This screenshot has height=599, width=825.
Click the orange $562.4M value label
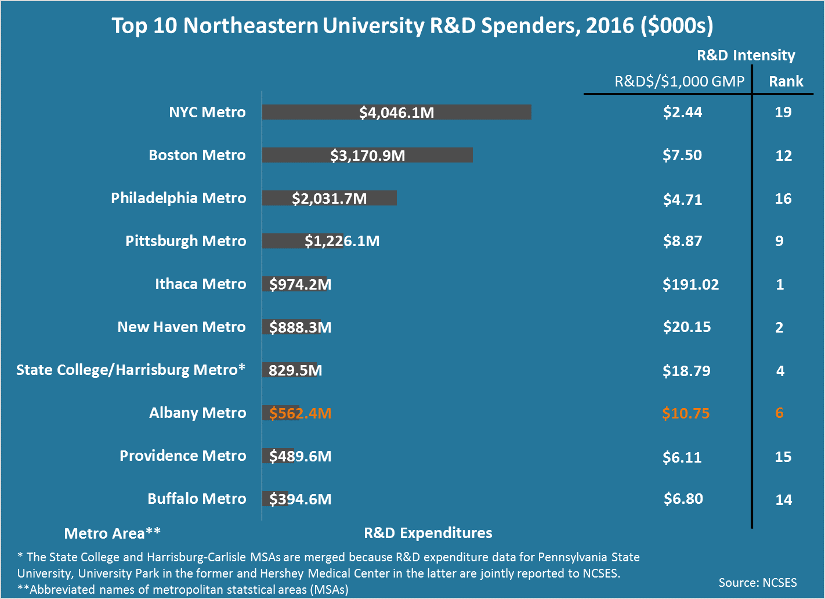[x=300, y=413]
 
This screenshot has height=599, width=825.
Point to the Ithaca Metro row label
[x=200, y=284]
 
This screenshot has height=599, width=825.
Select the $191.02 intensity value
[x=690, y=284]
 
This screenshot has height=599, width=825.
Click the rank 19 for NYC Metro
[x=783, y=112]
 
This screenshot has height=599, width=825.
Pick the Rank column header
[x=786, y=81]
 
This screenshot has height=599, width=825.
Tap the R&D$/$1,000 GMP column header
[x=679, y=81]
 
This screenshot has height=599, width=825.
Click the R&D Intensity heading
[x=746, y=55]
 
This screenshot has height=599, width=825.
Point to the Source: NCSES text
[x=757, y=583]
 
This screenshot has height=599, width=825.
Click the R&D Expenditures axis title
[x=428, y=533]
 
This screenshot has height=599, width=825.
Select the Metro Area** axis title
[x=112, y=533]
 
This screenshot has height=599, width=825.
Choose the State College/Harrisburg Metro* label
[x=131, y=370]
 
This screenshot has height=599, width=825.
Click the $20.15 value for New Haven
[x=686, y=327]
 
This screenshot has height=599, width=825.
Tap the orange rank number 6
[x=779, y=413]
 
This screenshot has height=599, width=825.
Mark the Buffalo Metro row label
[x=197, y=499]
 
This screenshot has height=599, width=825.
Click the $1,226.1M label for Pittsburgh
[x=342, y=241]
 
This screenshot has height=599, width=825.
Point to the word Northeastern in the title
[x=251, y=26]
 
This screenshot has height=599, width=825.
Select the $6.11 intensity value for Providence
[x=682, y=457]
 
